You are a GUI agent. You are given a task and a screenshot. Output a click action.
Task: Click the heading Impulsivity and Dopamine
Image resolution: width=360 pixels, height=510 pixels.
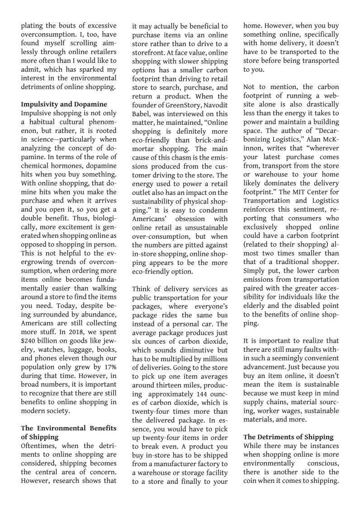[x=64, y=104]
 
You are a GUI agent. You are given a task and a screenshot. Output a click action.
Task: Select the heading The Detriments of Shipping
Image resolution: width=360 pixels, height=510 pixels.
[x=288, y=437]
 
